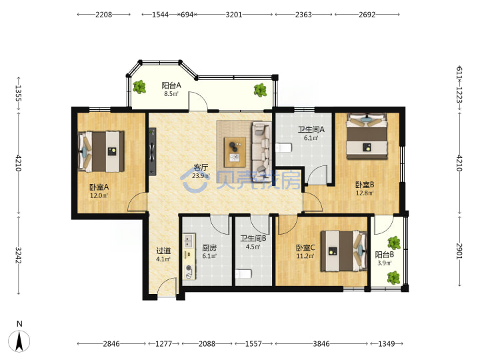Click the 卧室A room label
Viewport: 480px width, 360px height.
pos(99,187)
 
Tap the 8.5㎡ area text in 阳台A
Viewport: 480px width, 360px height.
pos(171,94)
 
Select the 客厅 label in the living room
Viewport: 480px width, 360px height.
pos(201,167)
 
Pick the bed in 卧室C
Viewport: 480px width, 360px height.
pos(344,251)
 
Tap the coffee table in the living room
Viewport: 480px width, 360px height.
pos(235,152)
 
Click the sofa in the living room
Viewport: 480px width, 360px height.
pos(262,147)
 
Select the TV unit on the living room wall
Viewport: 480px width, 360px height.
pos(153,151)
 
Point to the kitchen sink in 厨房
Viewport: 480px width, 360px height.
pos(189,241)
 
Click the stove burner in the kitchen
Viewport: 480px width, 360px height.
pos(189,269)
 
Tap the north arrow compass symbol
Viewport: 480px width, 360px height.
pos(19,341)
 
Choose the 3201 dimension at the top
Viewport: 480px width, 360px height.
pos(234,15)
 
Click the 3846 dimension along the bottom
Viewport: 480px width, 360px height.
pos(321,344)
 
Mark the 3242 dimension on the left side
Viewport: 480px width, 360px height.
pos(19,255)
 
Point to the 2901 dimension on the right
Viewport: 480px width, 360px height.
pos(459,251)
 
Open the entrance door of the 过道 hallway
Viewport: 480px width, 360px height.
pos(167,287)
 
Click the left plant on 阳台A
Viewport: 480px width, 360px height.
pos(139,87)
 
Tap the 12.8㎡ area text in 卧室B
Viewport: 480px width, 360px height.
pos(365,193)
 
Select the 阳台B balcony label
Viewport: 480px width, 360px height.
pos(385,255)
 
